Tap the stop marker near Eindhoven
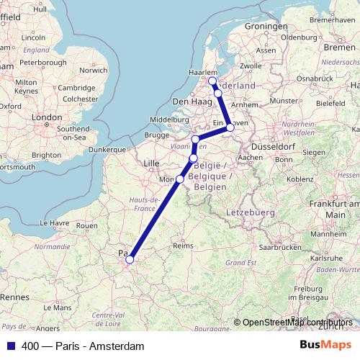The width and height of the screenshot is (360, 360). click(x=230, y=128)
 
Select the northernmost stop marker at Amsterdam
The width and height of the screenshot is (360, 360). click(x=212, y=81)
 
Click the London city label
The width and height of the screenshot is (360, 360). click(x=48, y=117)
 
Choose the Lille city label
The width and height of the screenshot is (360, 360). click(x=150, y=163)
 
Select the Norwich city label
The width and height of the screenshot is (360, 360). click(x=93, y=70)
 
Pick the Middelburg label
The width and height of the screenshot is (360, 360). click(x=171, y=120)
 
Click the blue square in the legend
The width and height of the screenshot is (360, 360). click(x=10, y=346)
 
